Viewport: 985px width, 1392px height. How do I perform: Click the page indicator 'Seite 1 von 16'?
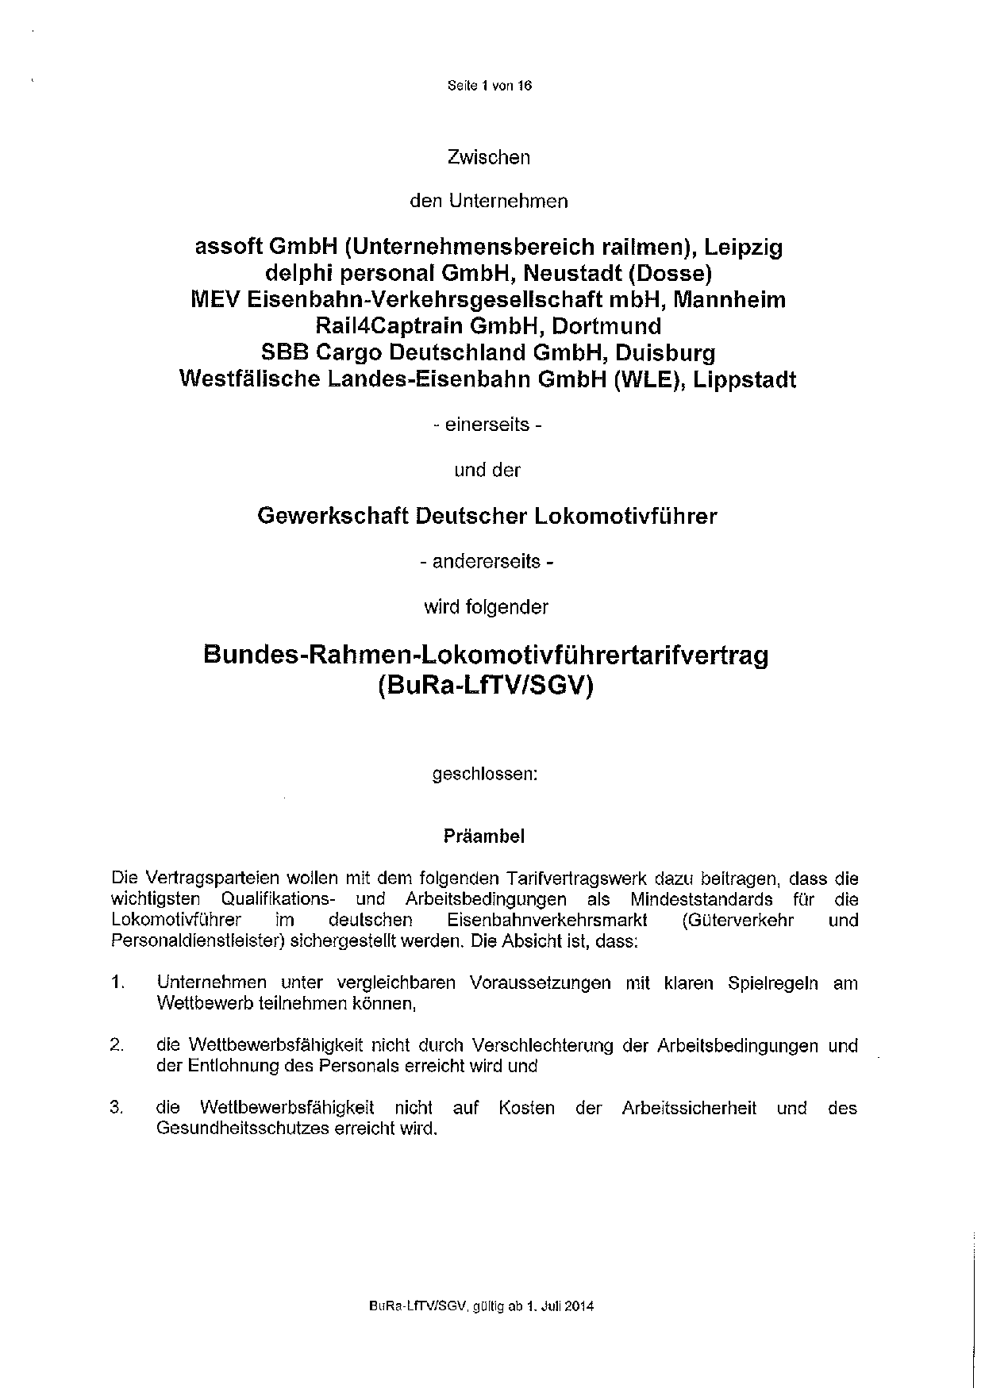tap(489, 87)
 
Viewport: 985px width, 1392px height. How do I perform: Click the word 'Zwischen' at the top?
tap(488, 157)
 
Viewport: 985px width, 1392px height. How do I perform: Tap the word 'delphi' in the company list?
tap(294, 274)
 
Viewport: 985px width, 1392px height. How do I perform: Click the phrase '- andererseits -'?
tap(487, 562)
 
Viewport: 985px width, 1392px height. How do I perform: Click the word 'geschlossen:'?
tap(485, 774)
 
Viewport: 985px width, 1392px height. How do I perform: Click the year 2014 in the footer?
tap(580, 1306)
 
